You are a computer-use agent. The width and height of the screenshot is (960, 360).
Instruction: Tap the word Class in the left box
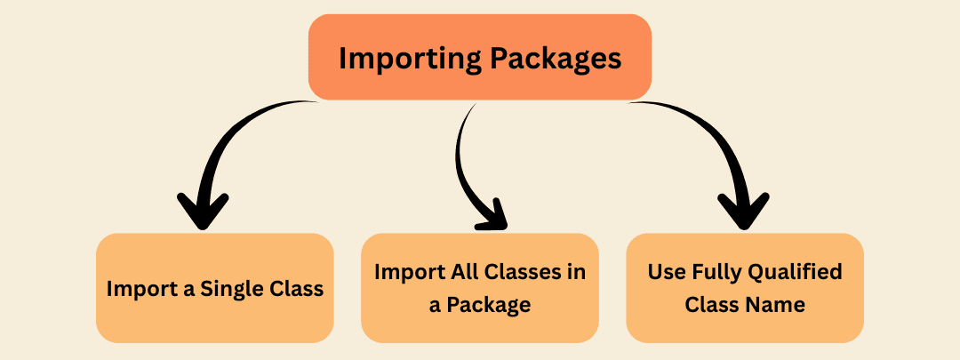[298, 289]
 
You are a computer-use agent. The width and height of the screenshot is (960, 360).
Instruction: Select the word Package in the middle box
[490, 305]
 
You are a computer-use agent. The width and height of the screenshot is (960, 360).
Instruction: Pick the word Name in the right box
[776, 305]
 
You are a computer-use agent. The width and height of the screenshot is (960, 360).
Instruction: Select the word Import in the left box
[134, 289]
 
